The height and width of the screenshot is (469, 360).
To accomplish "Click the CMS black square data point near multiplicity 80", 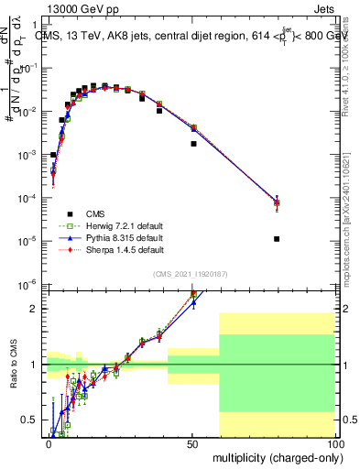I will [x=277, y=239].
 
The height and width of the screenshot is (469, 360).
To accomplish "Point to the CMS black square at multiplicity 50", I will [x=193, y=144].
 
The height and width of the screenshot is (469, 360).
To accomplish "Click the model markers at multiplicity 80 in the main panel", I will [x=277, y=202].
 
